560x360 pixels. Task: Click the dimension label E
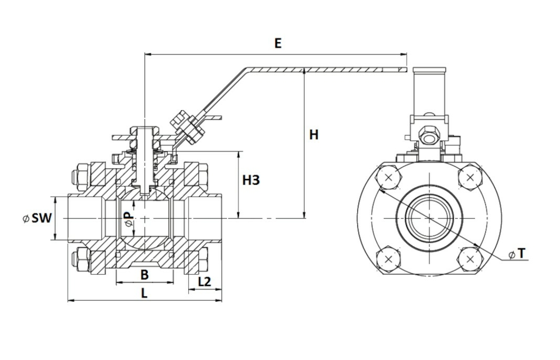click(278, 43)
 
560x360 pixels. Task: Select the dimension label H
click(313, 135)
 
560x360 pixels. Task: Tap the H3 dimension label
click(251, 181)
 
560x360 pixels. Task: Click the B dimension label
click(145, 275)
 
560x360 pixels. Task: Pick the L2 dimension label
click(204, 281)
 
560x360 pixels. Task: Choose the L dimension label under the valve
click(145, 294)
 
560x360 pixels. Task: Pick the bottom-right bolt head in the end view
click(469, 259)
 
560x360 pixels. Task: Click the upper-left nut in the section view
click(81, 175)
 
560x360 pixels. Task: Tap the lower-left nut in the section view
click(81, 260)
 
